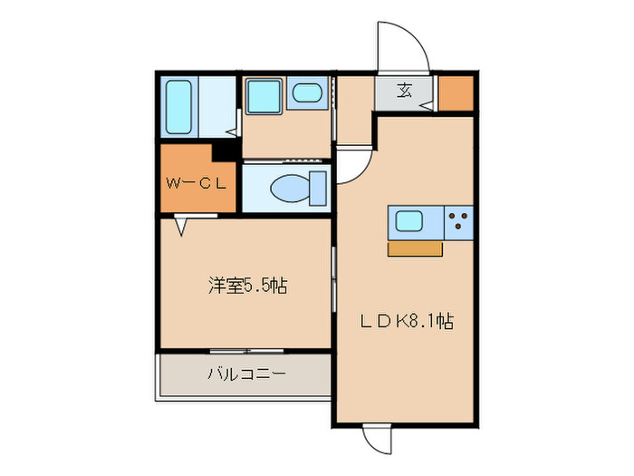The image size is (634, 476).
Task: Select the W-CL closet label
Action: (x=196, y=181)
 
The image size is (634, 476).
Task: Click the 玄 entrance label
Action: (x=405, y=92)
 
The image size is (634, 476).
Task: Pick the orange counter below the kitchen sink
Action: (x=415, y=248)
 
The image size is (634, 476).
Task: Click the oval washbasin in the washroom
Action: (x=306, y=93)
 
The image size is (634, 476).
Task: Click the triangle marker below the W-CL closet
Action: (x=182, y=225)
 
